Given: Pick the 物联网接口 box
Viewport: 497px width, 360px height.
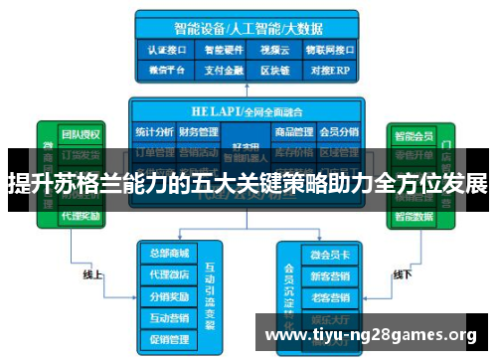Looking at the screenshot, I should click(329, 48).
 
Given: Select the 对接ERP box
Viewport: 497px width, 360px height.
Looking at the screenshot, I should click(329, 70).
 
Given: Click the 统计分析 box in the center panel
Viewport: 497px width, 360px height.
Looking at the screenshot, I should click(154, 130).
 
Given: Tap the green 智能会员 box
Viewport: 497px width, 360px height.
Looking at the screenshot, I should click(413, 133).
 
